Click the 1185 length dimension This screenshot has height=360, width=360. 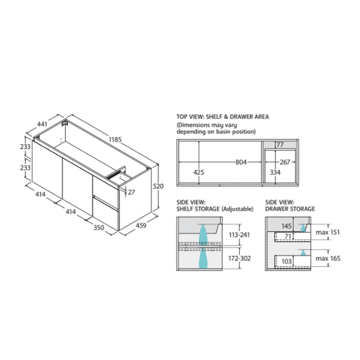(115, 139)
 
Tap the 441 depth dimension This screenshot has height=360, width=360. (42, 124)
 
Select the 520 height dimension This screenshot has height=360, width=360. (158, 186)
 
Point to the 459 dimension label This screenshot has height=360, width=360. (141, 225)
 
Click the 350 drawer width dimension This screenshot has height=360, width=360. (99, 227)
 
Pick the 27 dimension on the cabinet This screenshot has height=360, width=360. (131, 192)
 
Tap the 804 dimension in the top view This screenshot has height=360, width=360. (241, 162)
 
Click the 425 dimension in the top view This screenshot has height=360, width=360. (199, 172)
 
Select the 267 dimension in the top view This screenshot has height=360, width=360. (285, 162)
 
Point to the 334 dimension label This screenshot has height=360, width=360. (275, 172)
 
